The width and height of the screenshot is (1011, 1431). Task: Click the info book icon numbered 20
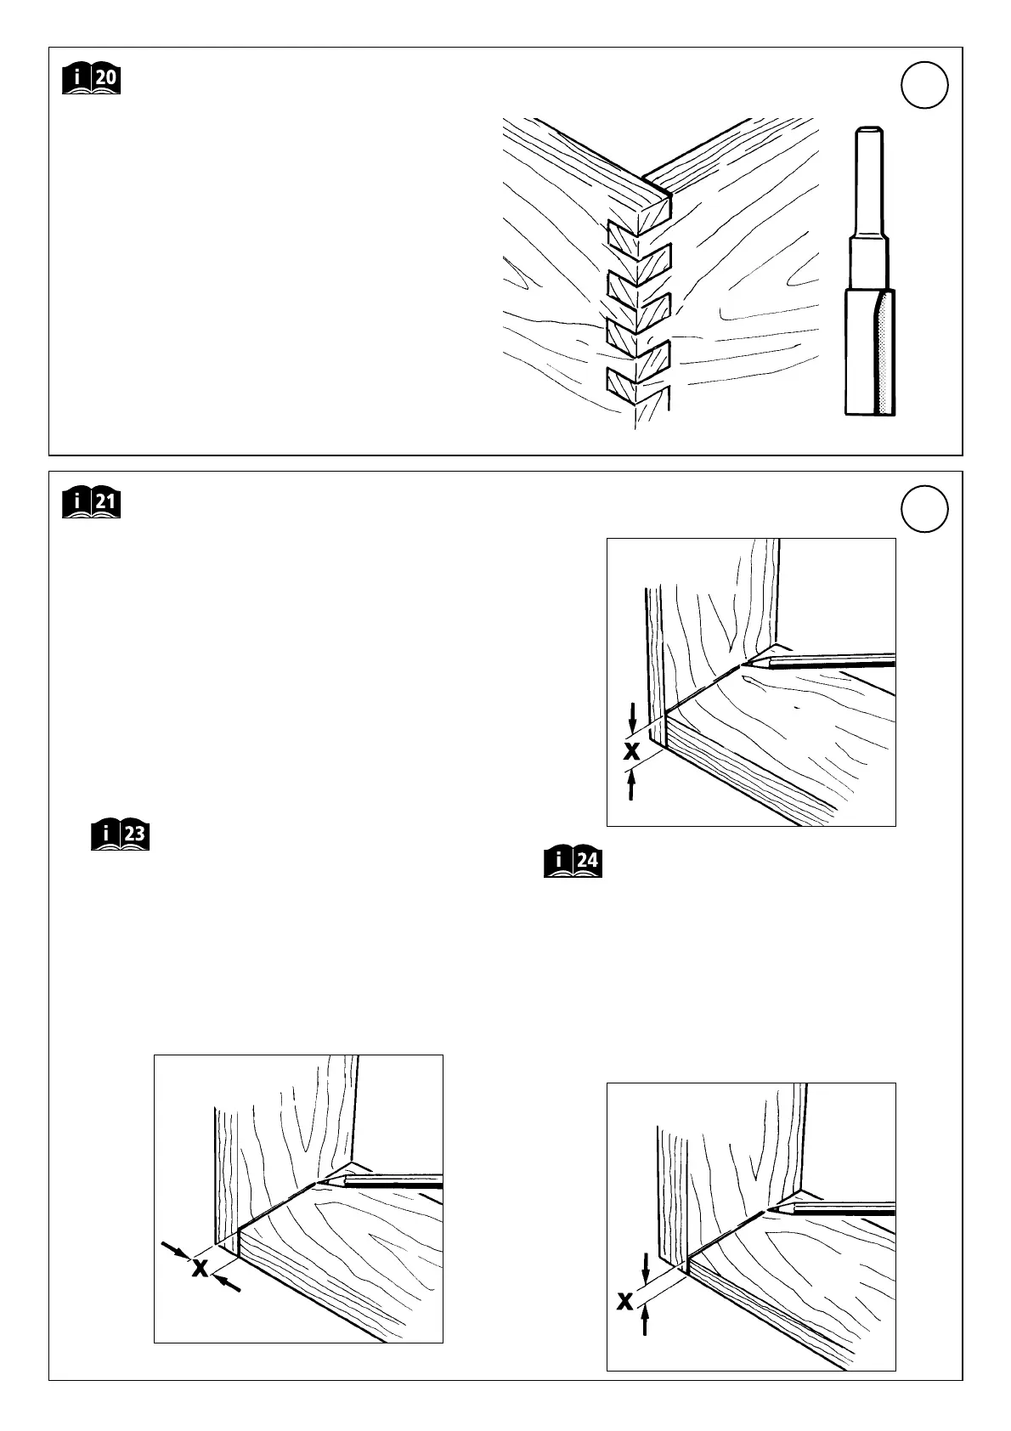(x=92, y=80)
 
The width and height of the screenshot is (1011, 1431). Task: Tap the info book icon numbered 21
(x=92, y=503)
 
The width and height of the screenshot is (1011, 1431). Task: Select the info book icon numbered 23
(x=121, y=835)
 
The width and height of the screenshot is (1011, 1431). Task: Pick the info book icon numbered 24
(x=573, y=862)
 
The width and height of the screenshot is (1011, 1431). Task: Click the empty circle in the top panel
(x=924, y=86)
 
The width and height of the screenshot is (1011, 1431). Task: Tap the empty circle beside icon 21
(x=924, y=510)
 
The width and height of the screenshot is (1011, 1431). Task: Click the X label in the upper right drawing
(x=631, y=750)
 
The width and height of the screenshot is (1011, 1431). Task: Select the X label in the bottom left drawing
(x=200, y=1268)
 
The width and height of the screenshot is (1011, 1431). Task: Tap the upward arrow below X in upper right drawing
(x=631, y=783)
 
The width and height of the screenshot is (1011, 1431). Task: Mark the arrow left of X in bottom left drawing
(x=175, y=1249)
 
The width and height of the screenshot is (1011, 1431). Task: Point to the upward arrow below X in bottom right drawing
(x=646, y=1344)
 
